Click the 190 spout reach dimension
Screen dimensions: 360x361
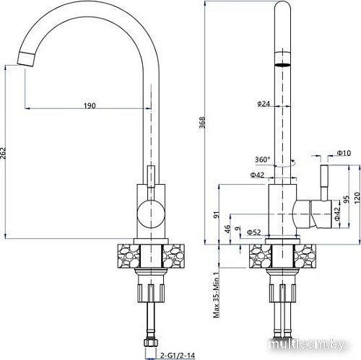click(89, 106)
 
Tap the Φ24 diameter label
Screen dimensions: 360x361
click(263, 104)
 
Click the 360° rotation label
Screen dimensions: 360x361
click(262, 159)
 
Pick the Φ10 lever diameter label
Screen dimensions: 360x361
click(342, 152)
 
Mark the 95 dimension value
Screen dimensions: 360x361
click(346, 199)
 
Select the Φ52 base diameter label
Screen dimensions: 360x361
click(253, 232)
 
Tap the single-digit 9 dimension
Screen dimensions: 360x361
click(238, 232)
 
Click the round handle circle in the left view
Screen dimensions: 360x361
click(149, 214)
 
